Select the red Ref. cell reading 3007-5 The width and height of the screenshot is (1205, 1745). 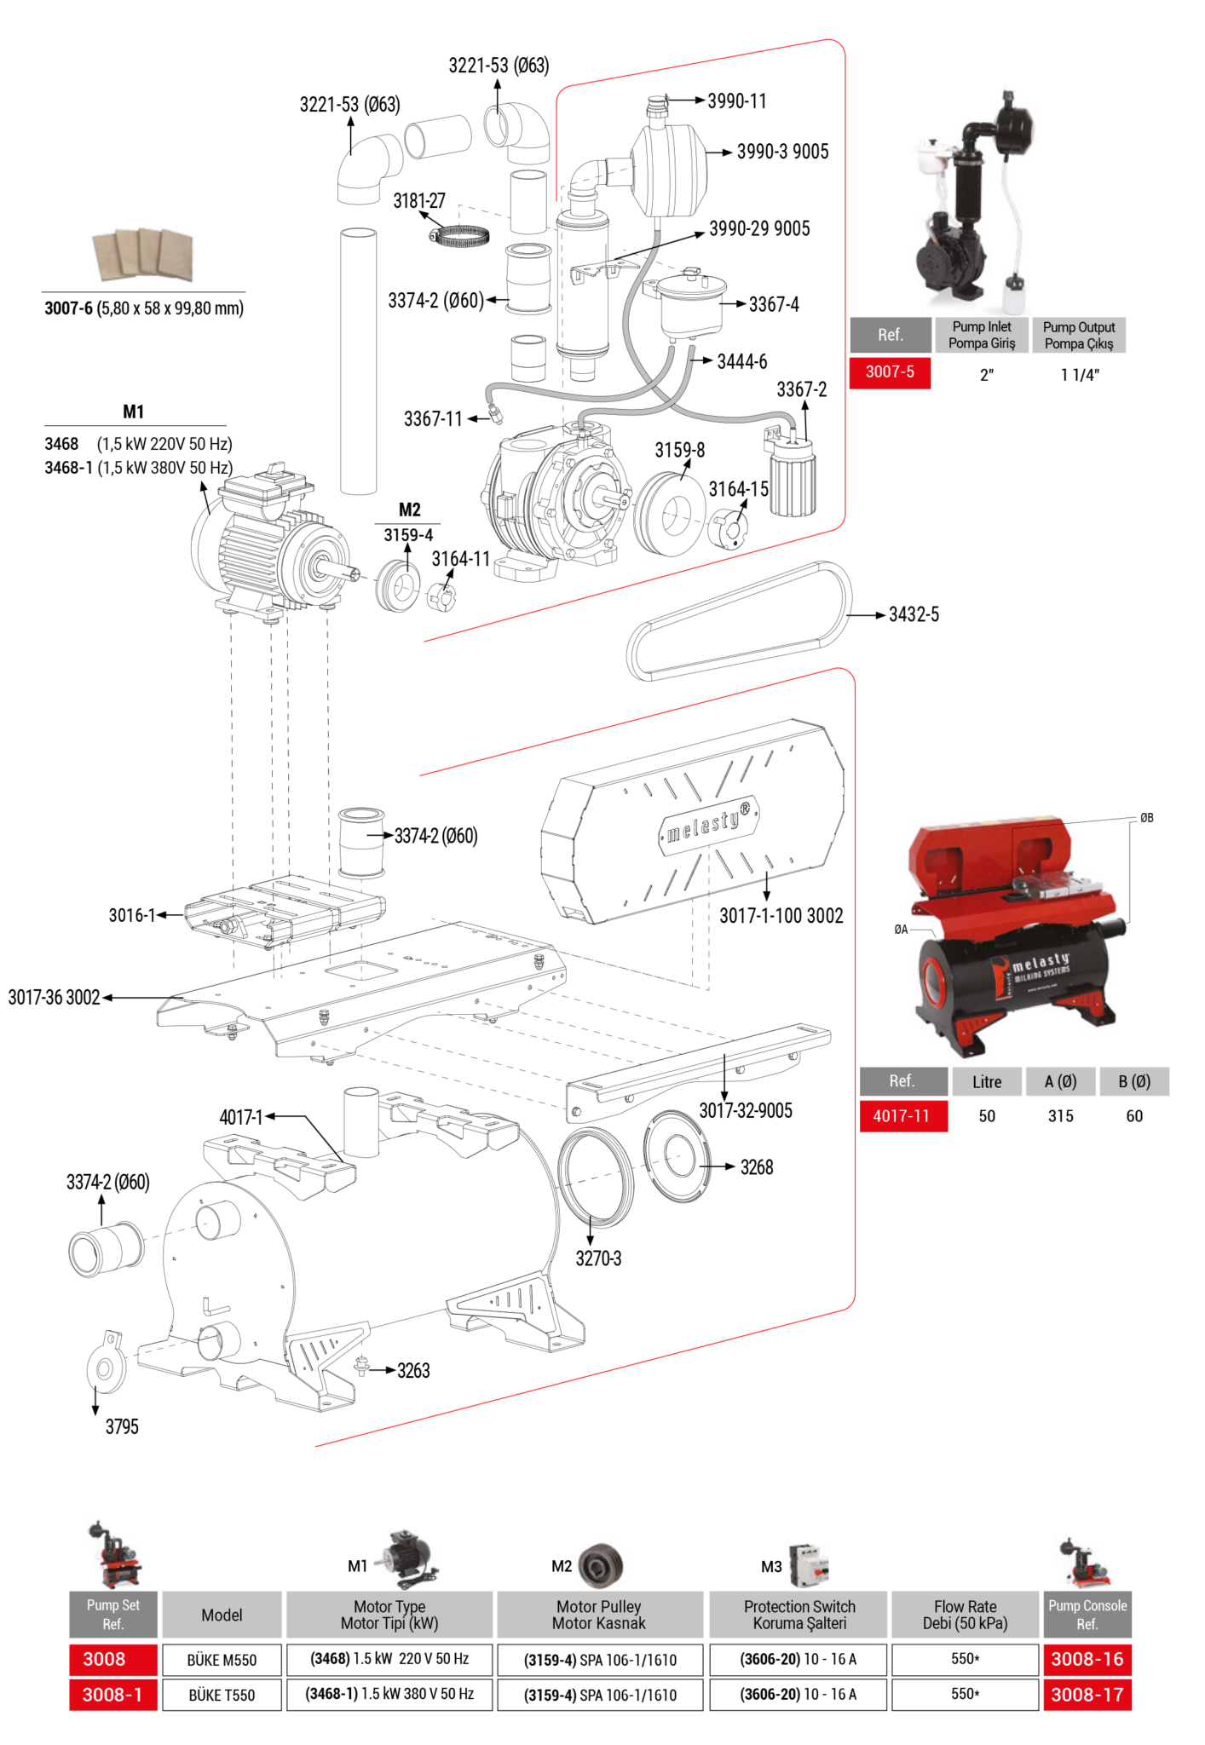click(890, 372)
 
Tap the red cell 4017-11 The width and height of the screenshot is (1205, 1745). click(902, 1116)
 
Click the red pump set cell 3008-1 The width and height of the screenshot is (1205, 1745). click(112, 1695)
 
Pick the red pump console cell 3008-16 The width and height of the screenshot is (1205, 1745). click(1087, 1659)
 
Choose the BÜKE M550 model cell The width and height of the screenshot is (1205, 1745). click(222, 1660)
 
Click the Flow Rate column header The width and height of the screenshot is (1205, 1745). click(965, 1615)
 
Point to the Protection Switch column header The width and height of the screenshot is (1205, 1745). click(799, 1615)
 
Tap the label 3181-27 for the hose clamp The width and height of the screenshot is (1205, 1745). click(418, 201)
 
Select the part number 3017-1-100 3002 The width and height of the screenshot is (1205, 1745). click(781, 916)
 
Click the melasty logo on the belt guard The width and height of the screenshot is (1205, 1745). click(708, 823)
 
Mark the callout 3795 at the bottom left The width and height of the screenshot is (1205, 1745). click(122, 1427)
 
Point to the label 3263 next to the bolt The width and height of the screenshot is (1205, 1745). click(413, 1371)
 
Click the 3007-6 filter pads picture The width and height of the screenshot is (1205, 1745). click(143, 255)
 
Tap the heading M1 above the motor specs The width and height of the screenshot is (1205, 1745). click(134, 412)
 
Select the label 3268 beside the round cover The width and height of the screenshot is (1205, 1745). click(756, 1167)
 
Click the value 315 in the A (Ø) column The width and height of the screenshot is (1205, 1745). click(1060, 1116)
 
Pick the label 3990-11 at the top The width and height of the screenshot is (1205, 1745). click(737, 101)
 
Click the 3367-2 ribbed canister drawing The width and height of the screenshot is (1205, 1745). click(793, 481)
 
